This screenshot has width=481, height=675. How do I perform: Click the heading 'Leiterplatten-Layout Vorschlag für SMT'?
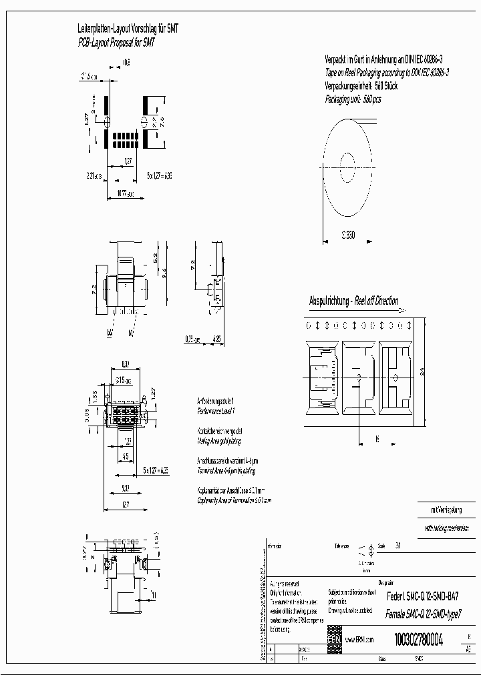(128, 29)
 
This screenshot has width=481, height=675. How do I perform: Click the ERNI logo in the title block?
(334, 639)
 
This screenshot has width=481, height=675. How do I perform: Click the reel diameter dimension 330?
(348, 235)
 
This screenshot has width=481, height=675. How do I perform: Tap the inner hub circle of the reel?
(348, 162)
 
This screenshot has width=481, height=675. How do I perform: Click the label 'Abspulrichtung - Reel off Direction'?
(353, 301)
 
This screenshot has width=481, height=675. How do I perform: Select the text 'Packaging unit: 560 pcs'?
(353, 99)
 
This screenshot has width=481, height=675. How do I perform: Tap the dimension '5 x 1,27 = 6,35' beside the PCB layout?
(160, 175)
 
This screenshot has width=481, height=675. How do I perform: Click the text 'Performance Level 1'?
(215, 414)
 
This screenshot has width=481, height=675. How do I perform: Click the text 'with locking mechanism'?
(444, 528)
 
